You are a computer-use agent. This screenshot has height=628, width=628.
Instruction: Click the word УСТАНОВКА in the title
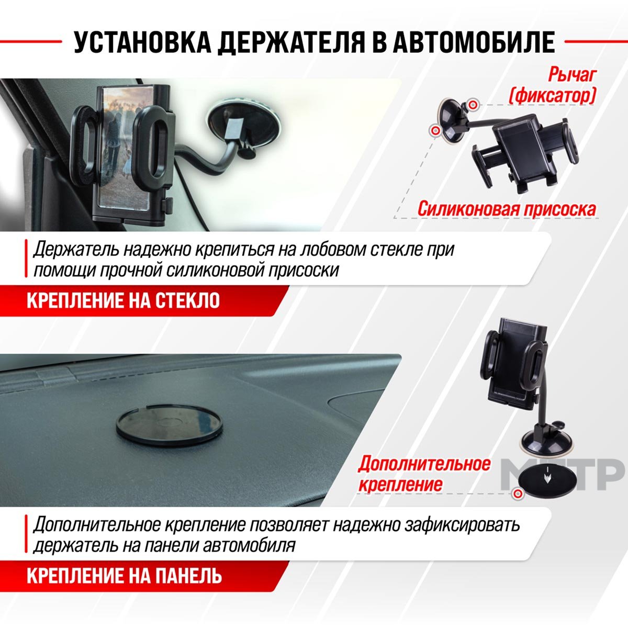coord(143,42)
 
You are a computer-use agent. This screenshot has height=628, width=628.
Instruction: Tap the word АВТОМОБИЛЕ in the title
coord(474,42)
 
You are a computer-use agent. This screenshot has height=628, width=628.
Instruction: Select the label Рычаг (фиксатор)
coord(552,85)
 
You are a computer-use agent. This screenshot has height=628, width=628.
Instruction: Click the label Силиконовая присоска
coord(507,209)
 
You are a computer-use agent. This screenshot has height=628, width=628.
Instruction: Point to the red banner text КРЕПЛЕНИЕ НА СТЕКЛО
coord(123,300)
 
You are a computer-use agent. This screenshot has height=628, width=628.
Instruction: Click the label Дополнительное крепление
coord(424,474)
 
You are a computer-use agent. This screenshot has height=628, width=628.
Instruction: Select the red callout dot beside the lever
coord(473,105)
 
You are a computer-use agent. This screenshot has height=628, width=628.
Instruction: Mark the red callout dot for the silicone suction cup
coord(435,131)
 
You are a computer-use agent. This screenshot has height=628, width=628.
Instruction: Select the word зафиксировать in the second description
coord(462,525)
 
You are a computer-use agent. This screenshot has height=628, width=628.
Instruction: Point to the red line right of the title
coord(596,41)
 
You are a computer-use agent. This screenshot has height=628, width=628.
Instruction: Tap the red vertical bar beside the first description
coord(26,259)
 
